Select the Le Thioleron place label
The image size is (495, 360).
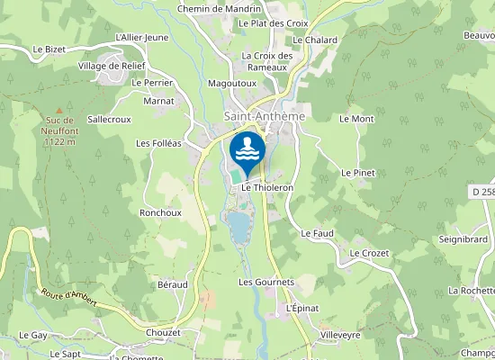click(x=267, y=187)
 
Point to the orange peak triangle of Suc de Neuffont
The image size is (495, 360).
click(x=60, y=110)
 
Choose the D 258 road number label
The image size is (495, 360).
click(x=482, y=192)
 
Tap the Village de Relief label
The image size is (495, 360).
click(x=110, y=67)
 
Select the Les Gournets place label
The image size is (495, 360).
click(x=266, y=282)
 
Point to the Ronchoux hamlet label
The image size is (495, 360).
click(x=160, y=212)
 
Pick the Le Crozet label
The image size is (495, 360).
click(x=369, y=254)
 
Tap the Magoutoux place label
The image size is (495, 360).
click(x=232, y=83)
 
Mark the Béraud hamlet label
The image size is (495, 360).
click(x=173, y=283)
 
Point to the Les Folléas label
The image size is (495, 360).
click(x=158, y=142)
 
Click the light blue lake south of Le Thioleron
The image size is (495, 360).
click(x=238, y=228)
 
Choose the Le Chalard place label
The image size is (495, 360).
click(x=315, y=40)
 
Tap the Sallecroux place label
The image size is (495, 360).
click(x=110, y=118)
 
